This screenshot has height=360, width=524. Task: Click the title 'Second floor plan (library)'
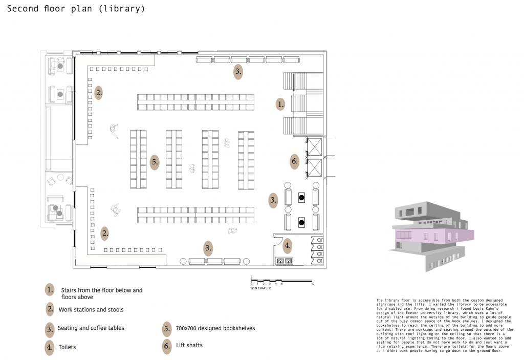point(76,9)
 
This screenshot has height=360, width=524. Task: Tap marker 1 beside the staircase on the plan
point(280,104)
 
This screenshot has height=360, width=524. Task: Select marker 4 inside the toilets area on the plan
point(288,246)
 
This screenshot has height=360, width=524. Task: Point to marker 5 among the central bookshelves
point(155,162)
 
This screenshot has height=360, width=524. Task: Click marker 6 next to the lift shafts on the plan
point(294,161)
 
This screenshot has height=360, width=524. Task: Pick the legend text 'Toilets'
point(68,347)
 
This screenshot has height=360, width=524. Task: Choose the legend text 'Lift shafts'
point(189,345)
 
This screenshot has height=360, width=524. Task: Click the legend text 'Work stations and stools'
point(91,309)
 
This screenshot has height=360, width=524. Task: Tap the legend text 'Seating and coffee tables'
point(91,328)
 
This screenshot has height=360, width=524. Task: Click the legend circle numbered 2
point(50,309)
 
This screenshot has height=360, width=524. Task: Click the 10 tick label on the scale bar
point(312,283)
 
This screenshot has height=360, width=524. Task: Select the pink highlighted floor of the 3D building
point(435,235)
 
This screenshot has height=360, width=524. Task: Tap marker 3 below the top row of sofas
point(238,72)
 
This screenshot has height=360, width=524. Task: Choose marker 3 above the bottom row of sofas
point(208,249)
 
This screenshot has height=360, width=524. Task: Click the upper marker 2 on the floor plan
point(99,93)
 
